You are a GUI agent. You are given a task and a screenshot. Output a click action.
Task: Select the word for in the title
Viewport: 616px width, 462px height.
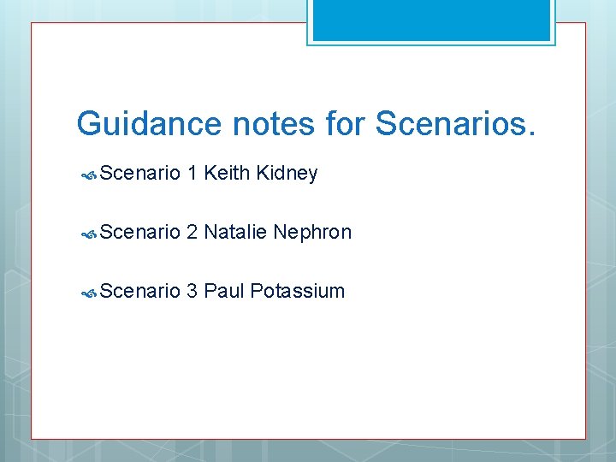tap(346, 124)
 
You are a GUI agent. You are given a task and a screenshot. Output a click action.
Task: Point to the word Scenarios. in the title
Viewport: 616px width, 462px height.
tap(457, 124)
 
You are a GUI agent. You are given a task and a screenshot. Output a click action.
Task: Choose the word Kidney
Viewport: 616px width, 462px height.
tap(286, 174)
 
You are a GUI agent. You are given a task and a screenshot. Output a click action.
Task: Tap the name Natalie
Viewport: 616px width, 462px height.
tap(235, 232)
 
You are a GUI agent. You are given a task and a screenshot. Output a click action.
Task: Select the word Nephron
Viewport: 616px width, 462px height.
tap(312, 232)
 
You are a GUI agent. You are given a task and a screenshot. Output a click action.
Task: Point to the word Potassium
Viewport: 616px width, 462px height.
tap(296, 291)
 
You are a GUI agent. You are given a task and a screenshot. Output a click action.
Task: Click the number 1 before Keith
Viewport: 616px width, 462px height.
tap(192, 174)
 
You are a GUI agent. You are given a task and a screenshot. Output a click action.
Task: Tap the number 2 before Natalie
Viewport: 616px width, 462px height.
tap(192, 232)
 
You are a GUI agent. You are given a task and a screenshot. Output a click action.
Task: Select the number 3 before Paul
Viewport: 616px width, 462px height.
tap(192, 291)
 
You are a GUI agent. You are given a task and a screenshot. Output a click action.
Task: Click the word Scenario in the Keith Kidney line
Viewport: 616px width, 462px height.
tap(139, 174)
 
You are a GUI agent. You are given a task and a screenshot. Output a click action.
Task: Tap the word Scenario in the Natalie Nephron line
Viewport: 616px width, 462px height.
tap(139, 232)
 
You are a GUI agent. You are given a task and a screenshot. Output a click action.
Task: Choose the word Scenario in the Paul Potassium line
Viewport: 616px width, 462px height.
tap(139, 291)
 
